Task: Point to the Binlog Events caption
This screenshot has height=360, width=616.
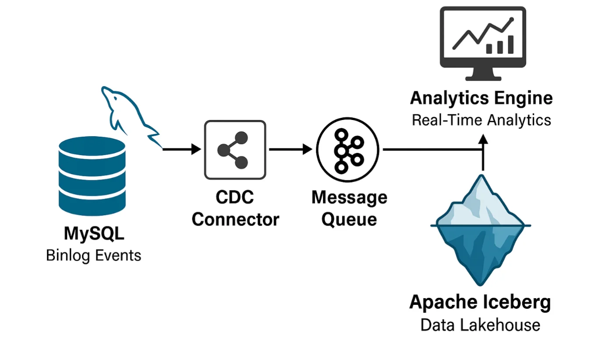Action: tap(94, 255)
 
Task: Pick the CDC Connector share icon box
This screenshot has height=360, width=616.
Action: tap(235, 150)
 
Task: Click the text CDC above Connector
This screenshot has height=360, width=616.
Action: tap(235, 198)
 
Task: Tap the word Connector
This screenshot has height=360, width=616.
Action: tap(235, 219)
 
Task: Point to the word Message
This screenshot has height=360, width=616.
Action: tap(349, 198)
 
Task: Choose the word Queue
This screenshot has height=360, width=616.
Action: tap(349, 219)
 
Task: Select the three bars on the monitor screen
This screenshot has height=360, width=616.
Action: tap(499, 45)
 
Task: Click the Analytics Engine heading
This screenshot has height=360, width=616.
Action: tap(481, 99)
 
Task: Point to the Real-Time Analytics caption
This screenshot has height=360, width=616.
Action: tap(481, 120)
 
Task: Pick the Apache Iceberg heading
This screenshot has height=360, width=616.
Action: tap(480, 303)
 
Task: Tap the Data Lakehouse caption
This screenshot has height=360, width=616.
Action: tap(480, 325)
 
